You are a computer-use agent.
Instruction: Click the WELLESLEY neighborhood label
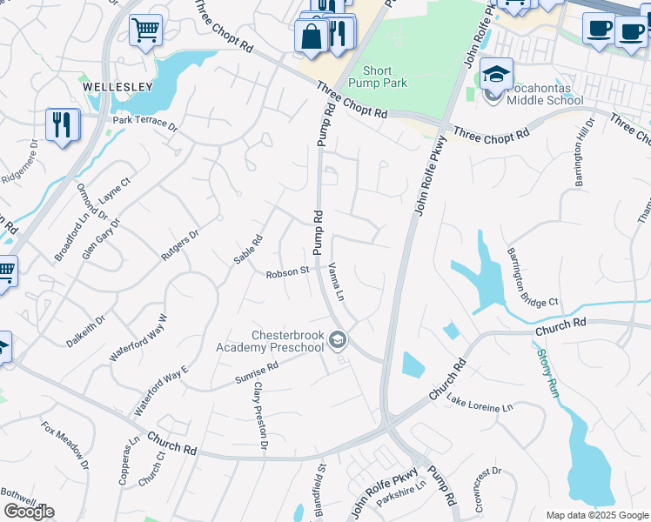click(117, 87)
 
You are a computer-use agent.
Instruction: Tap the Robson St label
click(288, 271)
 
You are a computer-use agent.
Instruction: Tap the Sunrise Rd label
click(256, 373)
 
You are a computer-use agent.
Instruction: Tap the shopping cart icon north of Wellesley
click(145, 30)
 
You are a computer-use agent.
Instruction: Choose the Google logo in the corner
click(29, 512)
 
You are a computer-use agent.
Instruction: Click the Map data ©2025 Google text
click(597, 515)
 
